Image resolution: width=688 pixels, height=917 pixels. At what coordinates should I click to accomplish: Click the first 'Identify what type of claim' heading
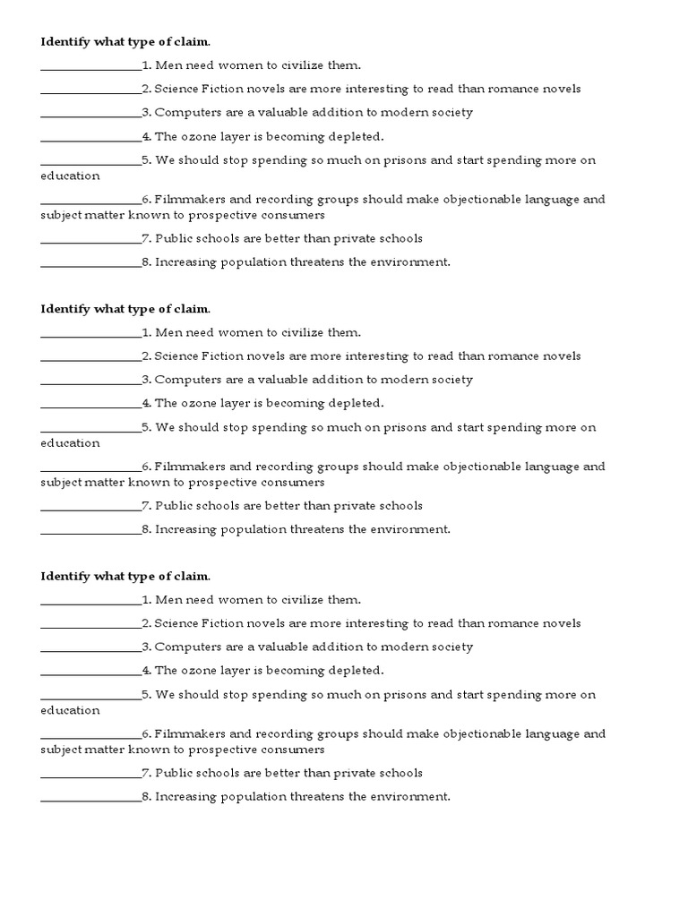pyautogui.click(x=125, y=42)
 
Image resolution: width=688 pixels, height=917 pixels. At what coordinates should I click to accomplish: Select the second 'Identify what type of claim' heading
pyautogui.click(x=125, y=309)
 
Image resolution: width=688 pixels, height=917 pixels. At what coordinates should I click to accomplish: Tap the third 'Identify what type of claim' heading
pyautogui.click(x=125, y=576)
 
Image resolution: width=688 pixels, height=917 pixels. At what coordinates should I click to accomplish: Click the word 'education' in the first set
pyautogui.click(x=70, y=176)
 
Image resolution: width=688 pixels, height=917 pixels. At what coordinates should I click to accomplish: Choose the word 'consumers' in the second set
pyautogui.click(x=291, y=482)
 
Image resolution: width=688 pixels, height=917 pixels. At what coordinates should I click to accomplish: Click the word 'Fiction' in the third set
pyautogui.click(x=221, y=623)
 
